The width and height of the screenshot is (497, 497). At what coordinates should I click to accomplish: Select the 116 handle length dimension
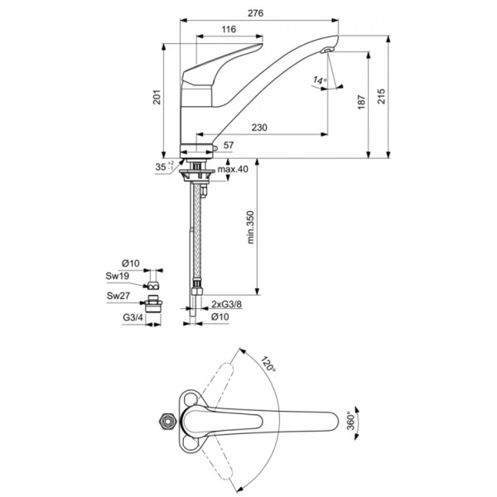(x=229, y=29)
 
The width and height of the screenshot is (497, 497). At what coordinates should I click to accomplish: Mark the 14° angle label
(x=320, y=80)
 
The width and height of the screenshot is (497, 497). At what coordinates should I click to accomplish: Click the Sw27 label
(x=116, y=295)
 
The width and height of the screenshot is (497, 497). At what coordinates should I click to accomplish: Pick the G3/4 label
(x=132, y=317)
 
